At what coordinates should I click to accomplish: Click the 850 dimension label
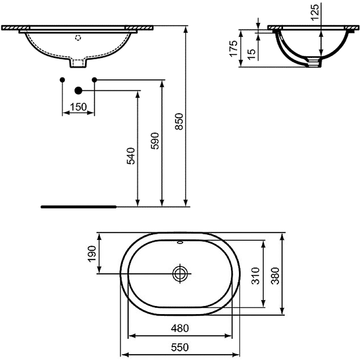[x=179, y=121]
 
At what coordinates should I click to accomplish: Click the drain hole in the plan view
[x=180, y=273]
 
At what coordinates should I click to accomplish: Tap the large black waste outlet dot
[x=78, y=90]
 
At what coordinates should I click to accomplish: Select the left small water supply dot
[x=63, y=80]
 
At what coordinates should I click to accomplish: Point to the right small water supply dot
[x=94, y=80]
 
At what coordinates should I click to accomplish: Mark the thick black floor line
[x=78, y=207]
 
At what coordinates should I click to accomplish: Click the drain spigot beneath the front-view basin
[x=78, y=63]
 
